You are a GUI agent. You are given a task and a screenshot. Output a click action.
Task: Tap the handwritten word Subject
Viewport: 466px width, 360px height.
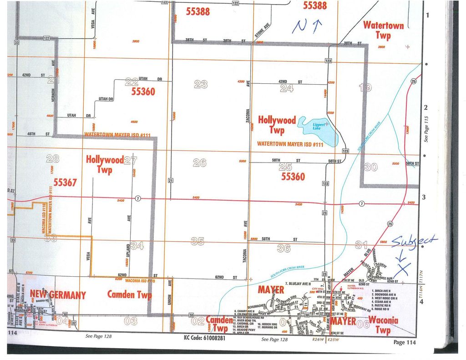pyautogui.click(x=414, y=241)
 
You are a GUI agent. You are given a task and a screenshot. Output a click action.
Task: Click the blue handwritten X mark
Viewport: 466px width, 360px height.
pyautogui.click(x=402, y=270)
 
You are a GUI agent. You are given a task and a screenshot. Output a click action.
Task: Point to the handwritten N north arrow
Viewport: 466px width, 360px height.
pyautogui.click(x=307, y=26)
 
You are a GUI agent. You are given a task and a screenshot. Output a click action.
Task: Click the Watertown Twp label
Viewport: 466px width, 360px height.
pyautogui.click(x=383, y=30)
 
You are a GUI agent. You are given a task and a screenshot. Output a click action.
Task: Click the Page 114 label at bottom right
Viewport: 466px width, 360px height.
pyautogui.click(x=405, y=342)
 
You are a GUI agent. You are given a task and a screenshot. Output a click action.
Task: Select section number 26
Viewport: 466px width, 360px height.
pyautogui.click(x=199, y=162)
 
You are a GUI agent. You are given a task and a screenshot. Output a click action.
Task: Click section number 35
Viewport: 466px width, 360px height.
pyautogui.click(x=197, y=241)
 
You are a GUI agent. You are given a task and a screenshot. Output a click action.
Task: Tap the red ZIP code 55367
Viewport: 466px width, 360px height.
pyautogui.click(x=65, y=183)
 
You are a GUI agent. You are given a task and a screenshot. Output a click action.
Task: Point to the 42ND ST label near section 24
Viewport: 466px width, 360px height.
pyautogui.click(x=289, y=82)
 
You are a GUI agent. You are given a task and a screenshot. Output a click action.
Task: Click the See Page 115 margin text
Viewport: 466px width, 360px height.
pyautogui.click(x=426, y=128)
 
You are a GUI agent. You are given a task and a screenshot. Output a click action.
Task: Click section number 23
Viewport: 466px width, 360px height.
pyautogui.click(x=201, y=84)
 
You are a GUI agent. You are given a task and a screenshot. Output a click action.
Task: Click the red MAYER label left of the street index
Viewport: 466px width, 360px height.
pyautogui.click(x=271, y=290)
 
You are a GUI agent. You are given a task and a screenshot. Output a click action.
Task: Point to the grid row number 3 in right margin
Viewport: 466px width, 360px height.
pyautogui.click(x=426, y=197)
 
